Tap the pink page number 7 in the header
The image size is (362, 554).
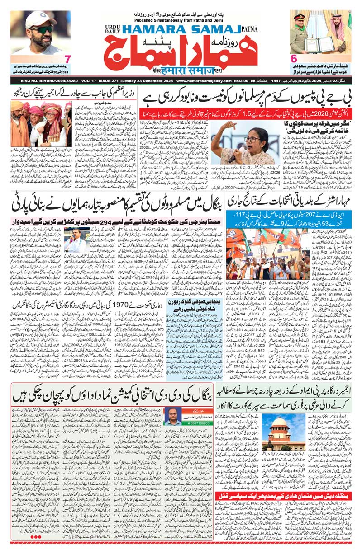pyautogui.click(x=67, y=59)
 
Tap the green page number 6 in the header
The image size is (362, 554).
pyautogui.click(x=293, y=59)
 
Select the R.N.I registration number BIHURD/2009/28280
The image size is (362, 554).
pyautogui.click(x=36, y=81)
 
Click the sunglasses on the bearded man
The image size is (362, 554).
pyautogui.click(x=42, y=29)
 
